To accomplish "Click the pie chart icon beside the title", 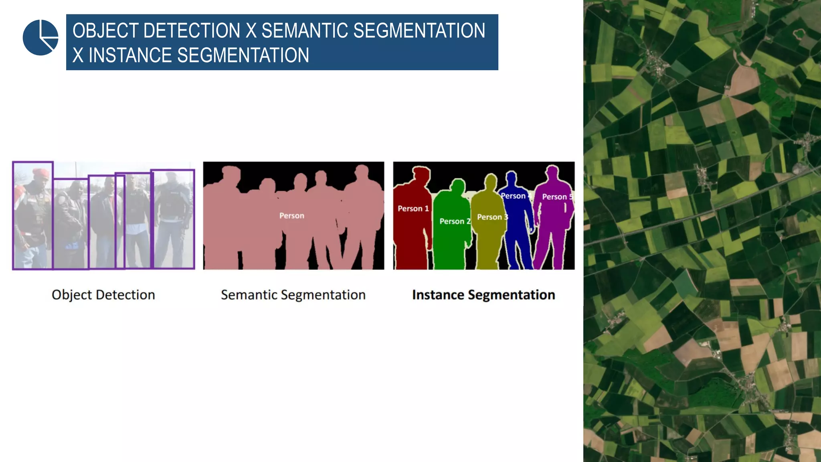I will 40,37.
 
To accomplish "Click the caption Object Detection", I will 103,295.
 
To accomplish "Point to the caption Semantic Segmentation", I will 293,295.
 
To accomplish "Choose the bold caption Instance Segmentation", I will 483,295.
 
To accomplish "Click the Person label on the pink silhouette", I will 291,216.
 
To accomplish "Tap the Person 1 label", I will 413,209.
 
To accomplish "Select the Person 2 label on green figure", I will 455,221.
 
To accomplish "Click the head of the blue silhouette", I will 511,177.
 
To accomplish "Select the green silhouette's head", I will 457,185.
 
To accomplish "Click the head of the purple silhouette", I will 552,172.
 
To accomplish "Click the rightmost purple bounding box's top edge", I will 173,170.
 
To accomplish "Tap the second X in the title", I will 78,55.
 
